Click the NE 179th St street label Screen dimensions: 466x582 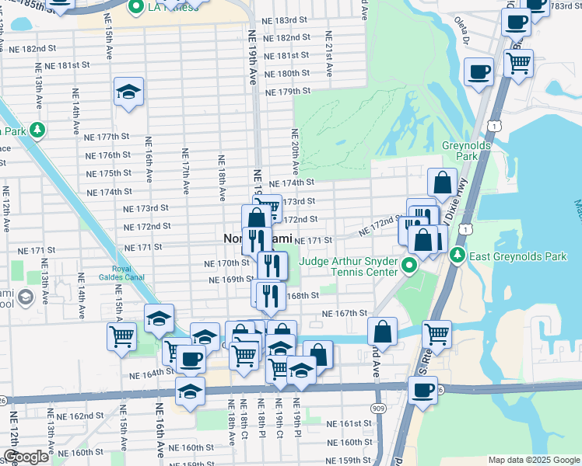tap(288, 92)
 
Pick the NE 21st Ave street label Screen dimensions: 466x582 tap(329, 54)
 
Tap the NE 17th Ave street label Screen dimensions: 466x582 tap(185, 172)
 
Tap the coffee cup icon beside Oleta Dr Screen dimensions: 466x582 tap(479, 72)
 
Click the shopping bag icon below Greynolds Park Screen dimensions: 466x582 tap(442, 183)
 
